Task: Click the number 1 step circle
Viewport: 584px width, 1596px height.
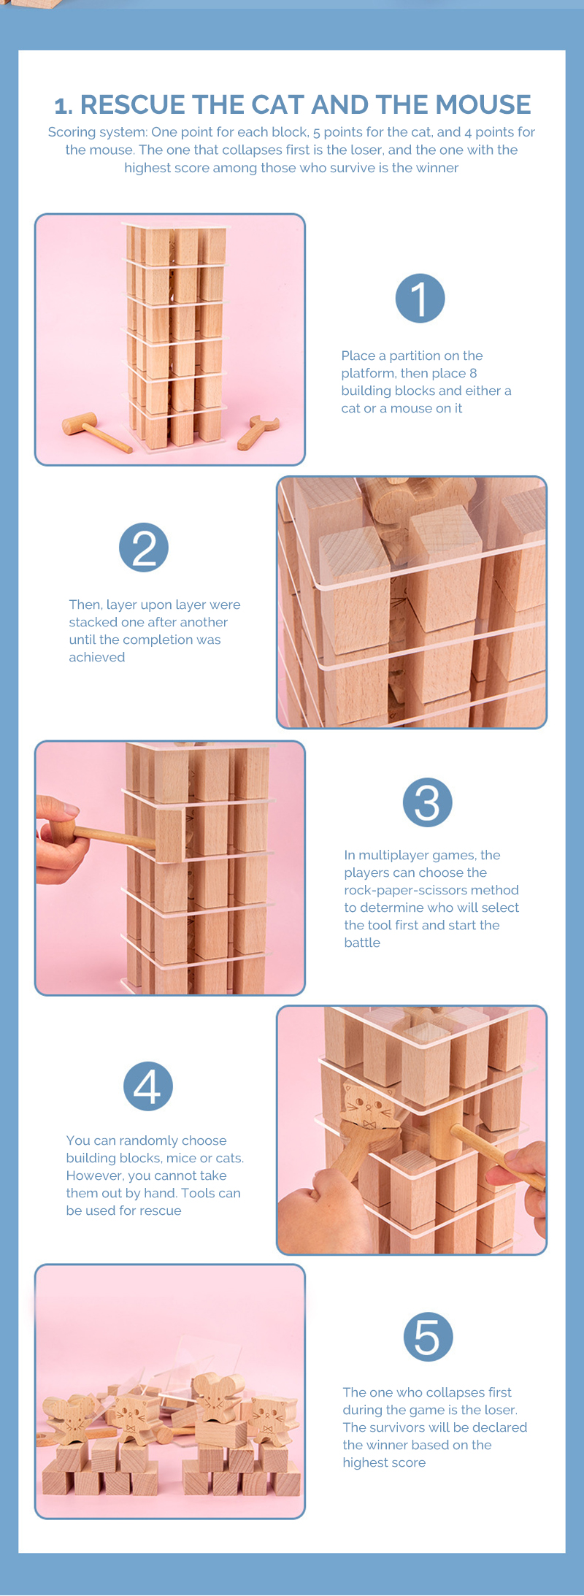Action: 420,298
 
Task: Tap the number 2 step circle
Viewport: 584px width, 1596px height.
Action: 144,548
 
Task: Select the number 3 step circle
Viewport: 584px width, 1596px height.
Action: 428,802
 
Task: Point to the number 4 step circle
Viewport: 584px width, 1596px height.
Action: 148,1086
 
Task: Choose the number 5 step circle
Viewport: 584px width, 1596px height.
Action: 429,1337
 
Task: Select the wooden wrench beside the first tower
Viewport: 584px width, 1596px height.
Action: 258,431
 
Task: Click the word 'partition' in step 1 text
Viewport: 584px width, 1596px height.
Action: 424,356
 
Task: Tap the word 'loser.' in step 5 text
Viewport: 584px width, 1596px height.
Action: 500,1410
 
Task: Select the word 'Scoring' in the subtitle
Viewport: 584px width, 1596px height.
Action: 72,132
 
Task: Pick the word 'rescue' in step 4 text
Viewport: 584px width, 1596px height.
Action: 161,1211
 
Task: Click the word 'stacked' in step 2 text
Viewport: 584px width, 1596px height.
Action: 93,622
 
